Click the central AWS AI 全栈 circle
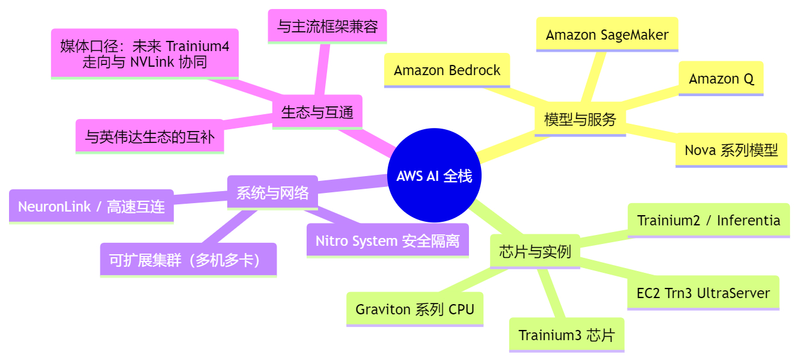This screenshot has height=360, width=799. pyautogui.click(x=434, y=175)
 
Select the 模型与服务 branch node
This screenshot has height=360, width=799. pyautogui.click(x=580, y=119)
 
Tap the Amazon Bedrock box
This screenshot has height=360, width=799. pyautogui.click(x=447, y=70)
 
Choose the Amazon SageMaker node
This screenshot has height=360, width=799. pyautogui.click(x=607, y=34)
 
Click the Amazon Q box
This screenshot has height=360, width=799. pyautogui.click(x=721, y=79)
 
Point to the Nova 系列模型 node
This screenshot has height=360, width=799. pyautogui.click(x=731, y=150)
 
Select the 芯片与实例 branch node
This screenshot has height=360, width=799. pyautogui.click(x=534, y=251)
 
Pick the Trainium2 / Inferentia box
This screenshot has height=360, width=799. pyautogui.click(x=708, y=221)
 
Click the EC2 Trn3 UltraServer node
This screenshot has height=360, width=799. pyautogui.click(x=703, y=293)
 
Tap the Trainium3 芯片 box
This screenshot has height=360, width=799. pyautogui.click(x=566, y=335)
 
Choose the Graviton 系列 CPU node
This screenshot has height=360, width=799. pyautogui.click(x=415, y=310)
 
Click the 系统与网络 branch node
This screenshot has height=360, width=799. pyautogui.click(x=272, y=192)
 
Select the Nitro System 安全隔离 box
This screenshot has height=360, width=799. pyautogui.click(x=387, y=241)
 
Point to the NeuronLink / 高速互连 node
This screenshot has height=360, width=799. pyautogui.click(x=91, y=207)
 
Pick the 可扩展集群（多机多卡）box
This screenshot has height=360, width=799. pyautogui.click(x=188, y=260)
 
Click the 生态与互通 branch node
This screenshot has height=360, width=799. pyautogui.click(x=317, y=112)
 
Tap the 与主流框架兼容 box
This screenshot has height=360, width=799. pyautogui.click(x=327, y=26)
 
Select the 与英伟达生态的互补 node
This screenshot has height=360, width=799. pyautogui.click(x=150, y=136)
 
